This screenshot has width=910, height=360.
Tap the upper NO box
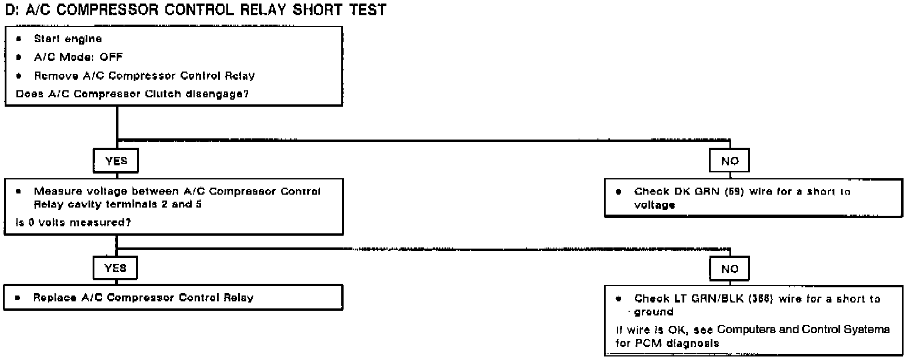[730, 161]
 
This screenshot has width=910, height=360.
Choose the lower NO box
[730, 269]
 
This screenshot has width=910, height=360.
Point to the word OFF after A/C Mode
[111, 57]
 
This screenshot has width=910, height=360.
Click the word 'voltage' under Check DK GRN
[656, 205]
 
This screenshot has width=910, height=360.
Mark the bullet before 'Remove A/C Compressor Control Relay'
[19, 76]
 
